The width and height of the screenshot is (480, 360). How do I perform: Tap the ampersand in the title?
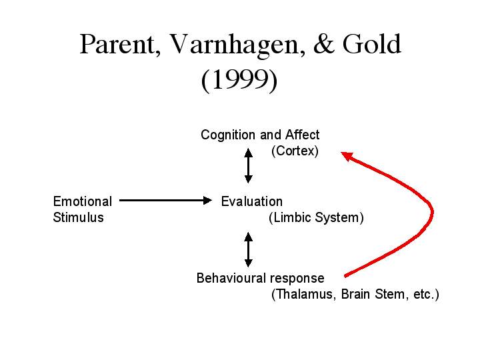(323, 44)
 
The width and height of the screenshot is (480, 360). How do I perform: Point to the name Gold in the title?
(371, 44)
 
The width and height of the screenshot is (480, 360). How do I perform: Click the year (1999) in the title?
(239, 80)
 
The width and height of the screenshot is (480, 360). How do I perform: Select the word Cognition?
(228, 135)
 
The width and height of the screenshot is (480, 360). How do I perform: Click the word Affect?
(302, 135)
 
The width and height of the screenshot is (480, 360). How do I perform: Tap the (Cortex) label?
(295, 151)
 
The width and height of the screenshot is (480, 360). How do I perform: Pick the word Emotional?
(83, 201)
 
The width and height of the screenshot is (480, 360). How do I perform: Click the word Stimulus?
(79, 217)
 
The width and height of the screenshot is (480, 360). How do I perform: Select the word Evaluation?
(251, 201)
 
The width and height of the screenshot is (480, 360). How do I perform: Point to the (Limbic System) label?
(316, 217)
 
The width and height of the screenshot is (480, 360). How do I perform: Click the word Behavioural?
(231, 278)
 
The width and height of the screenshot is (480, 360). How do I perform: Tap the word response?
(297, 279)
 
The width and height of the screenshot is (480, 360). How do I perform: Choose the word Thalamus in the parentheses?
(304, 294)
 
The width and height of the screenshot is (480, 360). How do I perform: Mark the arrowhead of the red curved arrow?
(347, 156)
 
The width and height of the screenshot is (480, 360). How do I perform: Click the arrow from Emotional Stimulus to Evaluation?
(165, 201)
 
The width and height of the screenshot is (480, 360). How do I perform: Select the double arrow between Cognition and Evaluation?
(249, 165)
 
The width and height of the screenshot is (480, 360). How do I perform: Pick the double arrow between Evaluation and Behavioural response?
(249, 249)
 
